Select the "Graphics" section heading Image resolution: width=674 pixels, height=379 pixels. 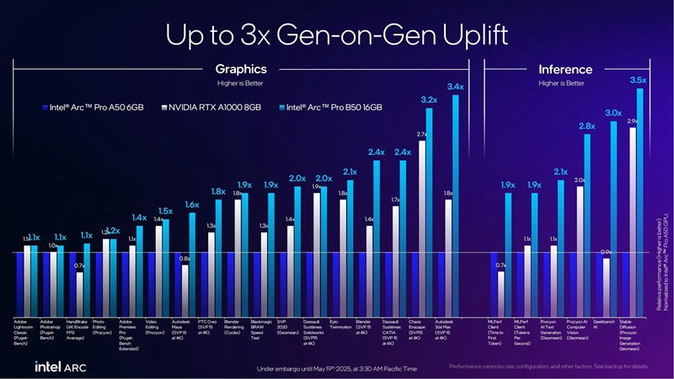[x=241, y=69]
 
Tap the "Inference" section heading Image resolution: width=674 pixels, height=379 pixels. [x=564, y=69]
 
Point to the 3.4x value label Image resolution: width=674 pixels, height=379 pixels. [x=456, y=87]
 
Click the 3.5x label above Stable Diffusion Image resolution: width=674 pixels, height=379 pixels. [x=638, y=80]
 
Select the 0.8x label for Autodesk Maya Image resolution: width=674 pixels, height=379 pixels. [x=185, y=259]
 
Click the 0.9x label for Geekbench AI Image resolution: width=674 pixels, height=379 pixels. [x=605, y=251]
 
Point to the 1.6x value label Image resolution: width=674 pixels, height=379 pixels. [x=192, y=205]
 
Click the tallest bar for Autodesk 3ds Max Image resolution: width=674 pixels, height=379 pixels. [x=457, y=202]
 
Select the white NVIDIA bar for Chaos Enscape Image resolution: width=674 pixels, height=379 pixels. [x=422, y=227]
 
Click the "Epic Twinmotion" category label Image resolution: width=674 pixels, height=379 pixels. [x=340, y=324]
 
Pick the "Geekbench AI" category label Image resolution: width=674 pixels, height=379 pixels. [x=603, y=324]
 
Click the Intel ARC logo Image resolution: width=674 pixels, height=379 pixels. [x=59, y=366]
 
